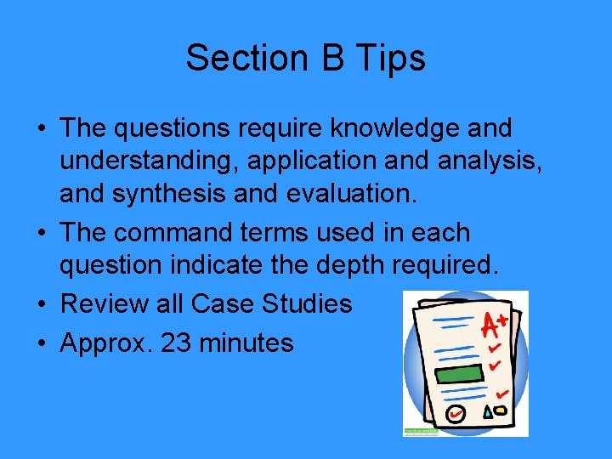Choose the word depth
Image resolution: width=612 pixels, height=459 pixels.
coord(353,265)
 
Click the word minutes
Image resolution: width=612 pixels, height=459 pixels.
coord(249,343)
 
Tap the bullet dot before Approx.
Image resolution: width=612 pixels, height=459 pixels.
coord(42,343)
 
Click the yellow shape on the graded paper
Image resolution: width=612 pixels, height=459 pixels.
coord(501,412)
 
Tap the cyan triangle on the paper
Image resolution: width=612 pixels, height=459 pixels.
coord(487,413)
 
